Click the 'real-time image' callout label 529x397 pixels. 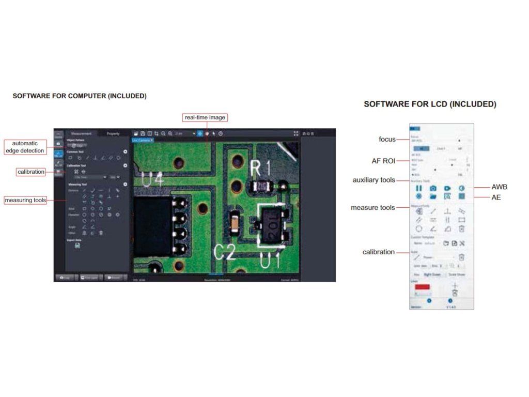click(x=205, y=118)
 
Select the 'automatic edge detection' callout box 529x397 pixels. click(x=25, y=147)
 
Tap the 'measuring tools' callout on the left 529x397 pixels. click(x=25, y=200)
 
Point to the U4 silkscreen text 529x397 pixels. click(x=153, y=178)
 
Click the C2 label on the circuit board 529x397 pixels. click(x=225, y=252)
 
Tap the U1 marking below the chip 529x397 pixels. click(x=270, y=261)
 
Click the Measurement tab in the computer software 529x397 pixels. click(x=81, y=133)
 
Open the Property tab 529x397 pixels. click(x=113, y=133)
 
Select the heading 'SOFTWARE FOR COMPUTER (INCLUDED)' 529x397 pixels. click(x=80, y=96)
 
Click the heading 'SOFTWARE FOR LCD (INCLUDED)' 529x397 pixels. click(x=430, y=104)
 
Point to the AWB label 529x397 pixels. click(x=500, y=187)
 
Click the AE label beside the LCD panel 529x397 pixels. click(x=496, y=197)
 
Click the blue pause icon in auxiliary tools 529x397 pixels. click(x=419, y=189)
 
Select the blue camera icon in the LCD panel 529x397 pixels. click(x=433, y=189)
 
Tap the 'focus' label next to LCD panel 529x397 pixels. click(x=387, y=139)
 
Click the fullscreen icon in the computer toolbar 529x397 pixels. click(x=296, y=133)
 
